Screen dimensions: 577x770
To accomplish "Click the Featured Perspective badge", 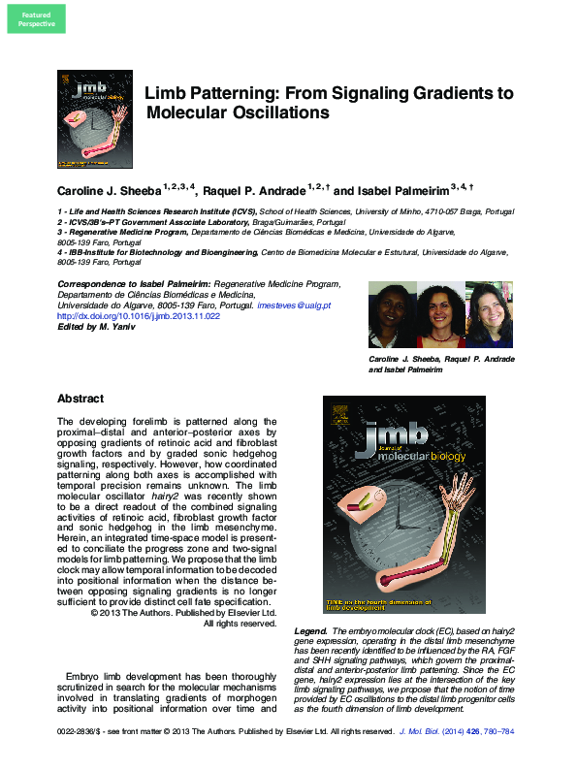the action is tap(37, 19).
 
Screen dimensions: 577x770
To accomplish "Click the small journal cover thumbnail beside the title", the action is tap(95, 121).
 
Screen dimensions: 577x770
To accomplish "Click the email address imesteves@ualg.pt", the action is tap(294, 305).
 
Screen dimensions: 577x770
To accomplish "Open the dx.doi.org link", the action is tap(139, 315).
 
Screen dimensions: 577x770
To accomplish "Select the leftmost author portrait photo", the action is tap(392, 314).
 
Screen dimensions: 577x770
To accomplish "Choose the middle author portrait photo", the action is tap(440, 314).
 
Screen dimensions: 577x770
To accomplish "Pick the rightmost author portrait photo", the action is tap(490, 314).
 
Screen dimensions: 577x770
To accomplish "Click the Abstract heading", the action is tap(80, 399).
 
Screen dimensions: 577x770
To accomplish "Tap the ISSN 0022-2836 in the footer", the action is tap(80, 731).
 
